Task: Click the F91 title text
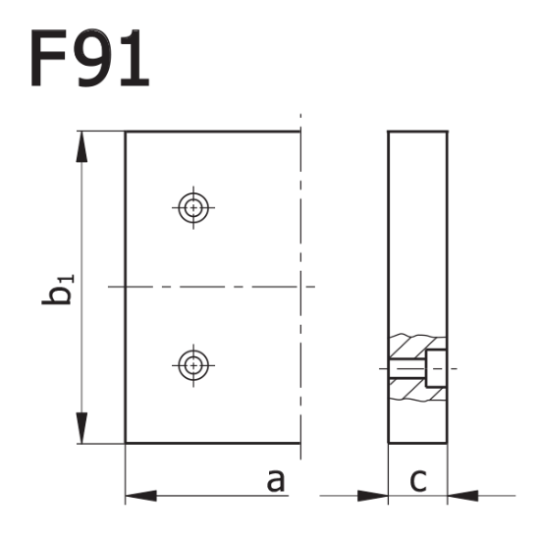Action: (90, 58)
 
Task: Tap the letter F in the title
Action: (50, 58)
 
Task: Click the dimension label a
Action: (276, 480)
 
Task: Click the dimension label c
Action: (417, 480)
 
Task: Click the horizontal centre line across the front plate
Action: (211, 286)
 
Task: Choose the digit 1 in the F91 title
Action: (135, 58)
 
